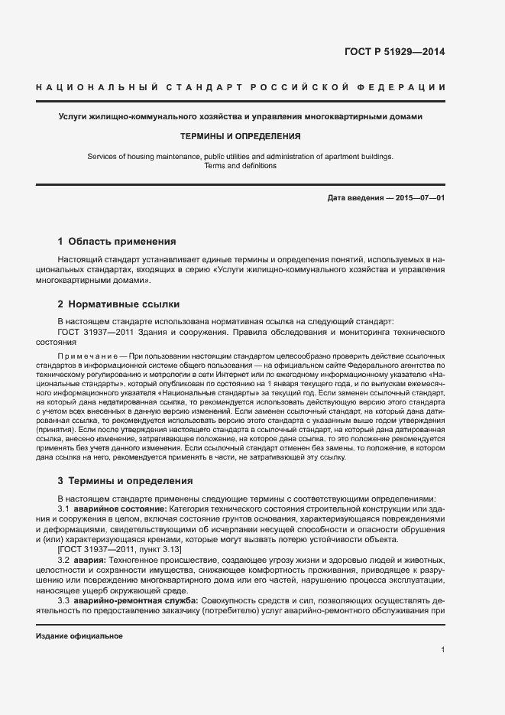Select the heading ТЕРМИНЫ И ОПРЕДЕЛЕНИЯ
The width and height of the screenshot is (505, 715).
coord(240,136)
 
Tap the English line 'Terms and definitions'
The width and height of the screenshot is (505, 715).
coord(240,165)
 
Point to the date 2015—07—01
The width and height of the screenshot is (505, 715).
coord(419,199)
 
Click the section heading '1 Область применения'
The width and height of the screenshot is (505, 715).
coord(116,241)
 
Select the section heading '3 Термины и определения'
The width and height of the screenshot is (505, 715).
coord(125,481)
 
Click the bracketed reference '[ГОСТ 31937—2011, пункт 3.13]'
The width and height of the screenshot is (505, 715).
coord(119,550)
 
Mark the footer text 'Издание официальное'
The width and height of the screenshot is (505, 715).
coord(79,636)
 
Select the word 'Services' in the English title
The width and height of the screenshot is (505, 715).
coord(102,156)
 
